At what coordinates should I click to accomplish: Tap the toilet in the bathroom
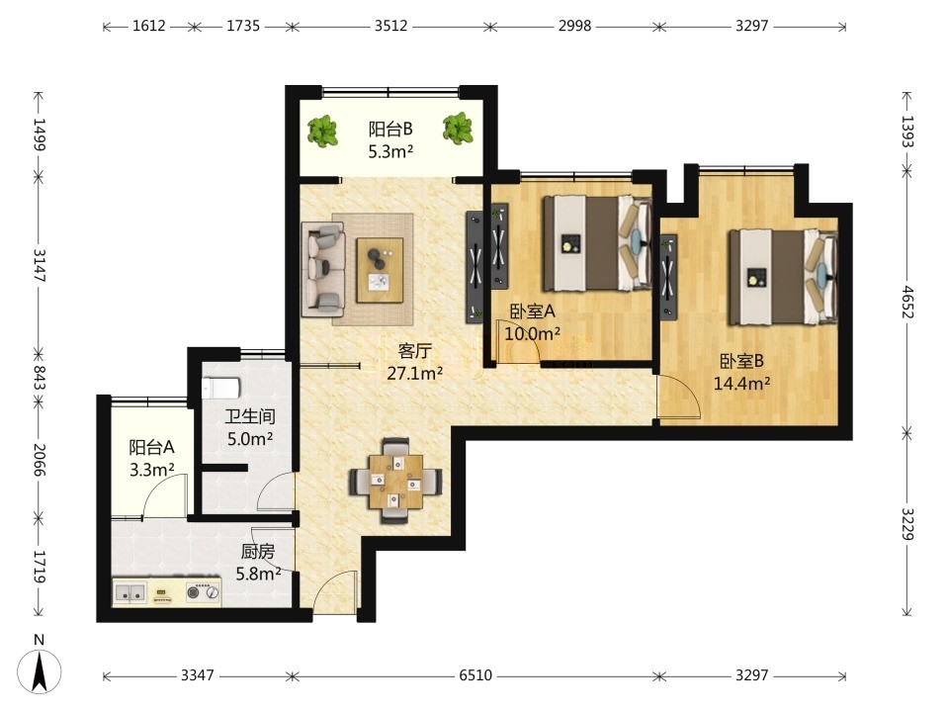(x=221, y=388)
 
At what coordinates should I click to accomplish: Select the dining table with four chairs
(x=395, y=481)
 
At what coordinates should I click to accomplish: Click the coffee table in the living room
(x=380, y=270)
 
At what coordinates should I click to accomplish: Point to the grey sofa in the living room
(x=323, y=269)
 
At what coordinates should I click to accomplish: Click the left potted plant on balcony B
(x=322, y=131)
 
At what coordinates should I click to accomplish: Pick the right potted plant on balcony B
(x=458, y=129)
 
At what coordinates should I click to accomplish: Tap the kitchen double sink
(x=130, y=592)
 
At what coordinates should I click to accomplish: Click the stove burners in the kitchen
(x=203, y=592)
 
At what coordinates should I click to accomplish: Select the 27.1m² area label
(x=414, y=374)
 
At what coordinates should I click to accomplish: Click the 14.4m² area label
(x=741, y=384)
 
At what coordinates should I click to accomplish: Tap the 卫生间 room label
(x=250, y=416)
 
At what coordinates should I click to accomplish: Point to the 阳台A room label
(x=151, y=447)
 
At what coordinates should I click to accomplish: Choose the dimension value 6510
(x=475, y=675)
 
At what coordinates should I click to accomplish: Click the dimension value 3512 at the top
(x=390, y=26)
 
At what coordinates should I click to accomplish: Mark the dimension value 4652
(x=906, y=302)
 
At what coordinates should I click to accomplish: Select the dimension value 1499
(x=39, y=134)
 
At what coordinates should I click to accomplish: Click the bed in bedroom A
(x=597, y=242)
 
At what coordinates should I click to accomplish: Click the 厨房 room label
(x=258, y=552)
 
